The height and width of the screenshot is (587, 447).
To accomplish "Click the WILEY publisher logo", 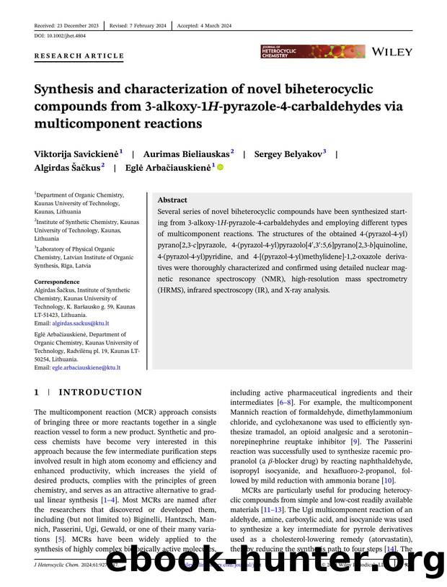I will click(392, 52).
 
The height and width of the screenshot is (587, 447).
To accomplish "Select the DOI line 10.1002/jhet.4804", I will click(60, 35).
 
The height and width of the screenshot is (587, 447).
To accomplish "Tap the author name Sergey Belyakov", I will click(288, 153).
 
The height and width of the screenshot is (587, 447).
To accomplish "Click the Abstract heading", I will click(172, 200).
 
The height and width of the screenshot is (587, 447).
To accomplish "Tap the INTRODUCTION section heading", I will click(100, 393).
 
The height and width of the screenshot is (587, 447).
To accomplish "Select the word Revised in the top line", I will click(120, 25).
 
